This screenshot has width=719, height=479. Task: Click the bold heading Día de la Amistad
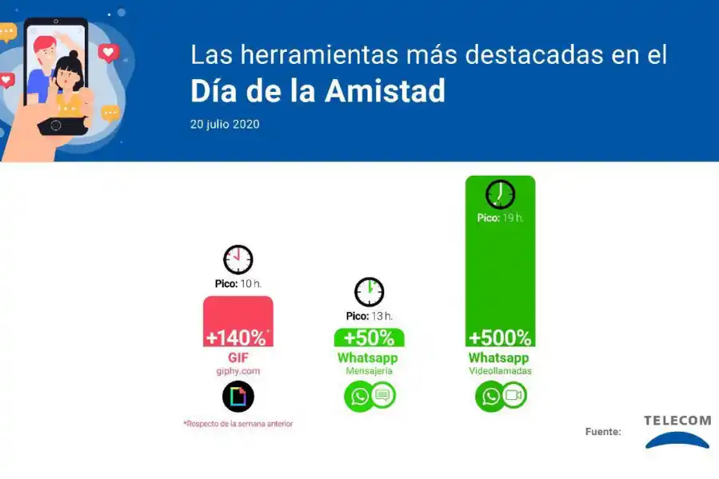(x=317, y=91)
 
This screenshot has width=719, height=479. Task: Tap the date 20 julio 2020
(x=224, y=125)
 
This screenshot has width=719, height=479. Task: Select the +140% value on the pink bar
(x=236, y=337)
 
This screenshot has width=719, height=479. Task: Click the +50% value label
(x=369, y=337)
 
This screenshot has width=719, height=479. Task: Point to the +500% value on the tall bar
(x=500, y=337)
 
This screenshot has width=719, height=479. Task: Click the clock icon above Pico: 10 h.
(x=238, y=259)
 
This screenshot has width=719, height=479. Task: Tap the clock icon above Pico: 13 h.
(x=369, y=292)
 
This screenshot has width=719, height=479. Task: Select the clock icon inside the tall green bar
(x=500, y=194)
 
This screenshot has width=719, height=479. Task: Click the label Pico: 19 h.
(x=500, y=218)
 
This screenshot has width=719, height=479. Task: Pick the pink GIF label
(x=238, y=358)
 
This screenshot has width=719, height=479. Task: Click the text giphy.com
(x=238, y=371)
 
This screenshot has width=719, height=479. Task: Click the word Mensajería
(x=369, y=371)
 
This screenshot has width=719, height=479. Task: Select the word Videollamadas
(x=500, y=371)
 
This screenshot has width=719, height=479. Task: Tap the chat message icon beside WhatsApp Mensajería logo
(x=383, y=395)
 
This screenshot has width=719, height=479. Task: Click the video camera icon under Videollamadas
(x=514, y=395)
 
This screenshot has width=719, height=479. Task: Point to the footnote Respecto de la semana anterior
(x=238, y=424)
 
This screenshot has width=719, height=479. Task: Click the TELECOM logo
(x=677, y=431)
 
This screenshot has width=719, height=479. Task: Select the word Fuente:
(x=602, y=432)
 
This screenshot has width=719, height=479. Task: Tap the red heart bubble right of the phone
(x=108, y=53)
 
